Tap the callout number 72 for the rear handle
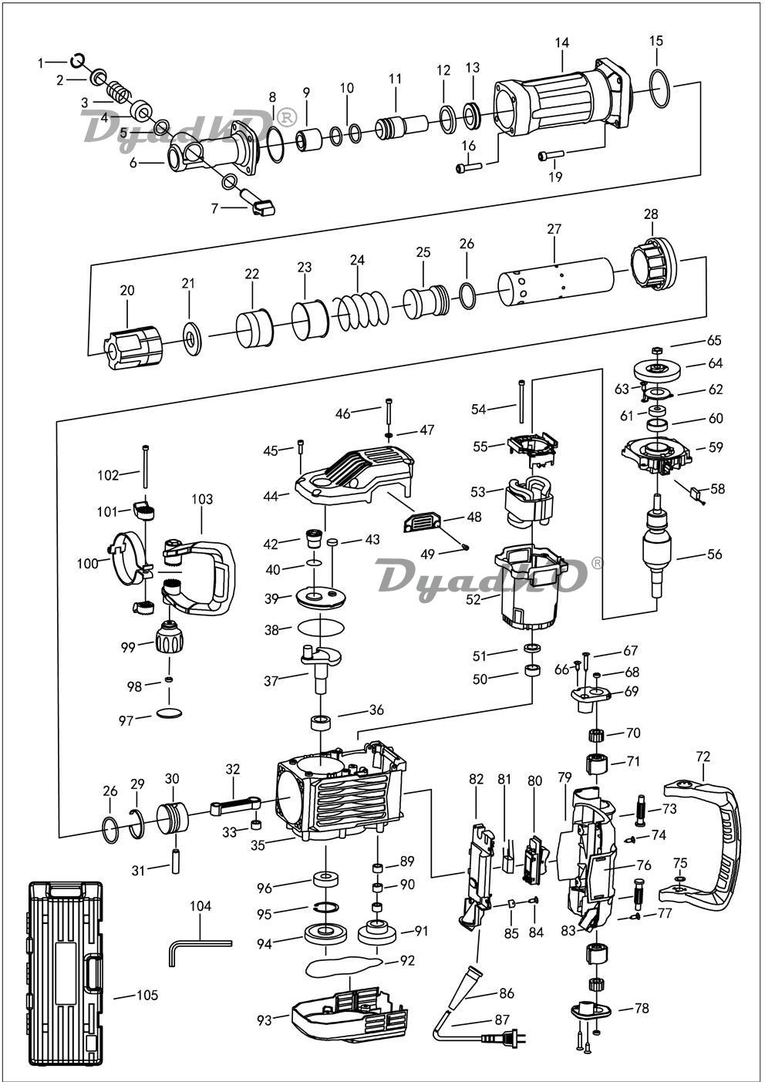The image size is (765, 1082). click(703, 756)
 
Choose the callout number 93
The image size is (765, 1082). click(265, 1020)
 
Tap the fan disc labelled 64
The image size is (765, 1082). click(656, 369)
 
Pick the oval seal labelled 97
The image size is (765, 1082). click(170, 712)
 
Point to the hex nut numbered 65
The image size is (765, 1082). click(656, 350)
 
